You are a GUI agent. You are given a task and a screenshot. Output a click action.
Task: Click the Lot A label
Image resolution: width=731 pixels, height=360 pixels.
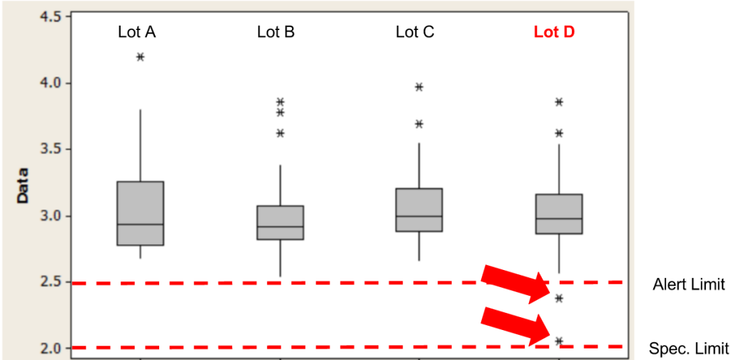click(x=140, y=32)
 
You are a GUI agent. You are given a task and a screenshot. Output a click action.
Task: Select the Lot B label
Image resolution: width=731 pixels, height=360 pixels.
click(x=276, y=32)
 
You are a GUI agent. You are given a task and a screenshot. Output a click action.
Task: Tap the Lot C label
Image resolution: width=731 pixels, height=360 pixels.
click(x=415, y=32)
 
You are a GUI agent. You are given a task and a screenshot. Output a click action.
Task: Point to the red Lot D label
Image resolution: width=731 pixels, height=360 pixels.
click(x=554, y=32)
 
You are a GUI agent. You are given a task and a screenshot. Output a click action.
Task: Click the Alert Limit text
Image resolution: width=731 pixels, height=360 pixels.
click(x=688, y=285)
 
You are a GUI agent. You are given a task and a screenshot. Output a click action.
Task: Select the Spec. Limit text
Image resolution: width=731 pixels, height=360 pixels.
click(x=688, y=349)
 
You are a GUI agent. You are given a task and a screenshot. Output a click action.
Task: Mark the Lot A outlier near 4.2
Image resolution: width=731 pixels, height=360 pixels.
click(x=140, y=56)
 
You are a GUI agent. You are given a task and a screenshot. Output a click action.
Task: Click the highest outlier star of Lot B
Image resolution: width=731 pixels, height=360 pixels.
click(x=281, y=102)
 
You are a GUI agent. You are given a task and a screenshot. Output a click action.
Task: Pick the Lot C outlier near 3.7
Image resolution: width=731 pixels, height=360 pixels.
click(x=419, y=124)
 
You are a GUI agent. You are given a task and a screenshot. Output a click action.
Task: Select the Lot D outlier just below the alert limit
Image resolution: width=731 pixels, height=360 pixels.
click(x=559, y=299)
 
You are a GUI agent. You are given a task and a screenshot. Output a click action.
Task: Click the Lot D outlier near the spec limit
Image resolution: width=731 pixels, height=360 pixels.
click(x=559, y=341)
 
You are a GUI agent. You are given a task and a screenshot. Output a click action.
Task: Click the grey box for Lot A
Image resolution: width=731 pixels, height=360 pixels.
click(x=140, y=213)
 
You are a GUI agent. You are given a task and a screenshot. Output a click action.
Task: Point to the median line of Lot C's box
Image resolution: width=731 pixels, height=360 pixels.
click(x=419, y=216)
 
